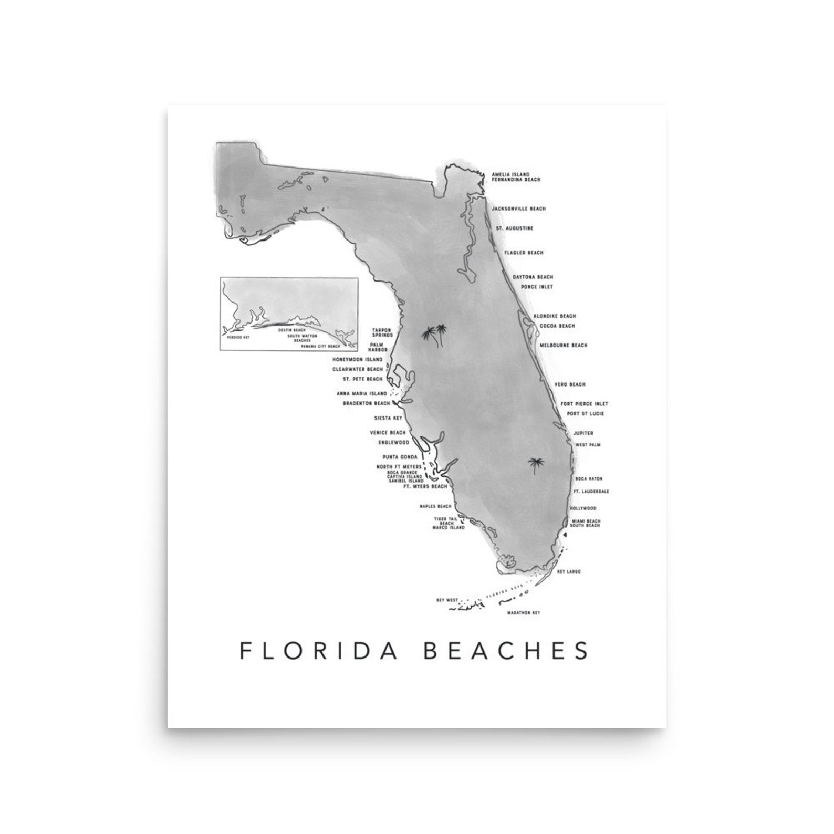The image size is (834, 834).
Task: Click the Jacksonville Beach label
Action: pyautogui.click(x=518, y=209)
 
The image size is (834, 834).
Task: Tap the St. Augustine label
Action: pyautogui.click(x=515, y=228)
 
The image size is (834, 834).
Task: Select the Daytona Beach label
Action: pyautogui.click(x=533, y=277)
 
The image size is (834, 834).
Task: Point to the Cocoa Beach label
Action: pyautogui.click(x=557, y=326)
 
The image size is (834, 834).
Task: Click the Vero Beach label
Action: pyautogui.click(x=569, y=385)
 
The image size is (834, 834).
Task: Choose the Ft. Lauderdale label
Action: pyautogui.click(x=591, y=492)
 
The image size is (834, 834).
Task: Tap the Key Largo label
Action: pyautogui.click(x=569, y=571)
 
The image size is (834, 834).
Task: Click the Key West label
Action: pyautogui.click(x=447, y=600)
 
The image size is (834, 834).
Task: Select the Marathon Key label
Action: pyautogui.click(x=524, y=613)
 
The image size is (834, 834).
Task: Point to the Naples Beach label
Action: pyautogui.click(x=435, y=507)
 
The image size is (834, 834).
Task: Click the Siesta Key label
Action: pyautogui.click(x=388, y=419)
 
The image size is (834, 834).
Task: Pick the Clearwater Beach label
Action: pyautogui.click(x=358, y=370)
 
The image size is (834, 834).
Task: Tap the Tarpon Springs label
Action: pyautogui.click(x=382, y=332)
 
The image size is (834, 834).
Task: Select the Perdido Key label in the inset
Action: pyautogui.click(x=234, y=338)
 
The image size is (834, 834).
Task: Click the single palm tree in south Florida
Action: pyautogui.click(x=536, y=465)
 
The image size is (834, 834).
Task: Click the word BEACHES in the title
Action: pyautogui.click(x=506, y=650)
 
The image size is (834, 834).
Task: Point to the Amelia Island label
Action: pyautogui.click(x=510, y=174)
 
